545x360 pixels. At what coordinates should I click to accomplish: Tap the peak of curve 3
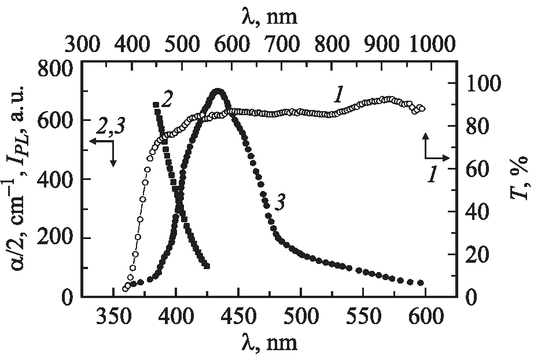click(218, 91)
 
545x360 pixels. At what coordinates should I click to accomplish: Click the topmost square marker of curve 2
click(155, 105)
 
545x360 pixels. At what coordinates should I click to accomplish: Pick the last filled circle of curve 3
click(421, 283)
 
